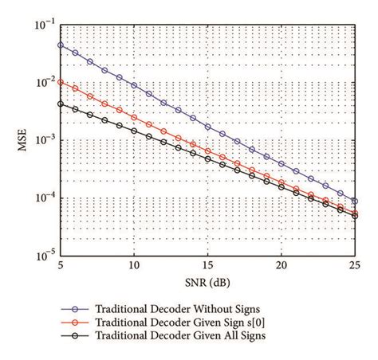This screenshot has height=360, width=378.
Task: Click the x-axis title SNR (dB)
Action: (x=207, y=283)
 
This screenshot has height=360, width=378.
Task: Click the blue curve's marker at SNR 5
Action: (x=61, y=45)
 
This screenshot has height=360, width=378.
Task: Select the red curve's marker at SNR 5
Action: (x=61, y=82)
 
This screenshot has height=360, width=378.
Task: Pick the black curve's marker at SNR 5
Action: (x=61, y=104)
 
